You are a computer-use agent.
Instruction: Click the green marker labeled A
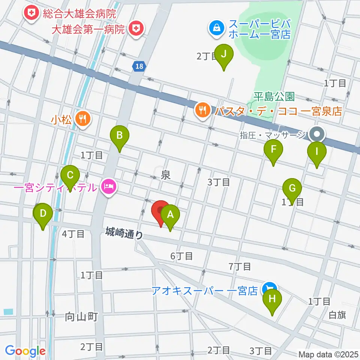point(170,215)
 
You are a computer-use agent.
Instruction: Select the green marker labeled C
point(70,175)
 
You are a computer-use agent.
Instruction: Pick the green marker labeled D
point(43,214)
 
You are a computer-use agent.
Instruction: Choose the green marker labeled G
point(292,188)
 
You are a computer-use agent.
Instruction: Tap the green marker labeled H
point(273,300)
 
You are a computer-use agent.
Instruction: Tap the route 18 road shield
point(138,66)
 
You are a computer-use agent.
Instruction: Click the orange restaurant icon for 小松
point(82,119)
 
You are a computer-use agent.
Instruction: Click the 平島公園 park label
point(274,97)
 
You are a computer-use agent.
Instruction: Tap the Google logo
point(25,351)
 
